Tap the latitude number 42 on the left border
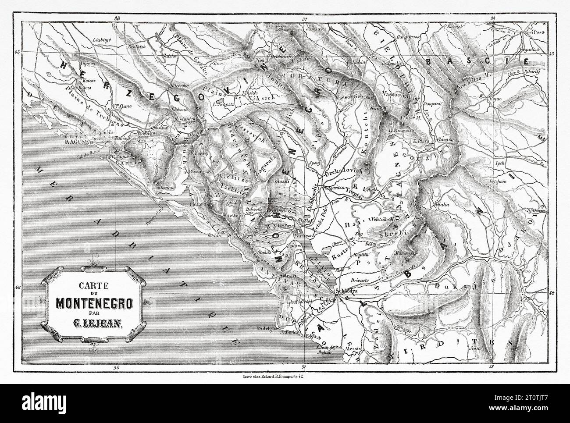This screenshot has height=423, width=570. pyautogui.click(x=18, y=288)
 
